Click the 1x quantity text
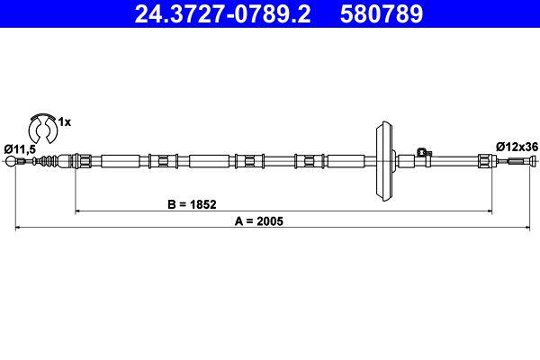pos(64,120)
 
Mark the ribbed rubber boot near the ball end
pos(56,162)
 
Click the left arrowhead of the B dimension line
pos(78,211)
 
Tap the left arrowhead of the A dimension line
pos(18,228)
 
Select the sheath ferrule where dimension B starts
pos(81,162)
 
